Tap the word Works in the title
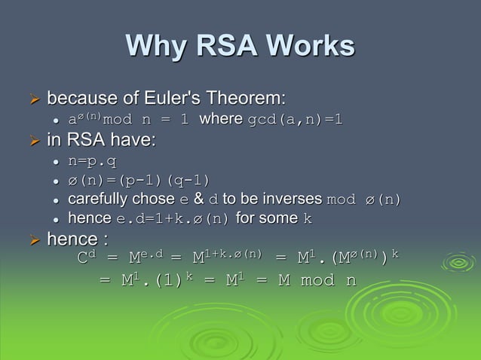pos(308,47)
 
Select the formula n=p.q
pos(93,160)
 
